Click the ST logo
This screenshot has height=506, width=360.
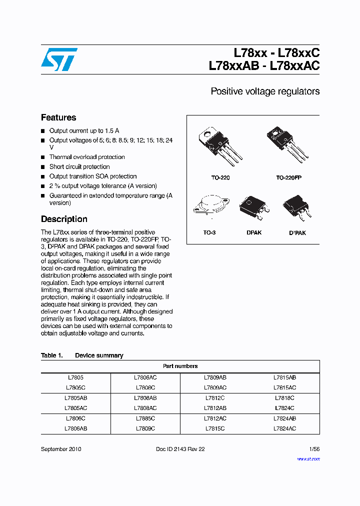pyautogui.click(x=59, y=59)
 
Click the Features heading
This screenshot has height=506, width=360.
pyautogui.click(x=58, y=118)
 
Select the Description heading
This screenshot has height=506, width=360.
pyautogui.click(x=64, y=219)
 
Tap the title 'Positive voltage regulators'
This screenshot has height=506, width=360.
pyautogui.click(x=265, y=91)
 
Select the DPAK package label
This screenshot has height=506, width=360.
pyautogui.click(x=254, y=233)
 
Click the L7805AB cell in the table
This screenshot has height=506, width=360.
pyautogui.click(x=76, y=398)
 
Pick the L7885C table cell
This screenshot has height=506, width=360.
pyautogui.click(x=145, y=418)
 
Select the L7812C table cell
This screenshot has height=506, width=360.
pyautogui.click(x=215, y=398)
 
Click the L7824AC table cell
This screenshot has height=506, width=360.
pyautogui.click(x=284, y=428)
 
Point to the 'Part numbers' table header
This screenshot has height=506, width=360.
pyautogui.click(x=180, y=366)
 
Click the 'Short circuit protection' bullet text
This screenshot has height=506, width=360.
pyautogui.click(x=79, y=166)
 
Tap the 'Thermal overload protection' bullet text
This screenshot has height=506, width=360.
pyautogui.click(x=87, y=157)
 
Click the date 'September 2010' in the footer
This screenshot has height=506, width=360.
pyautogui.click(x=61, y=449)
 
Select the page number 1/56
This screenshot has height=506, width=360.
pyautogui.click(x=314, y=449)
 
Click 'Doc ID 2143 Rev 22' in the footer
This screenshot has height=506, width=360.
pyautogui.click(x=180, y=449)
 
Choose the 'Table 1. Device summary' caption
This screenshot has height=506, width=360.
pyautogui.click(x=82, y=355)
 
